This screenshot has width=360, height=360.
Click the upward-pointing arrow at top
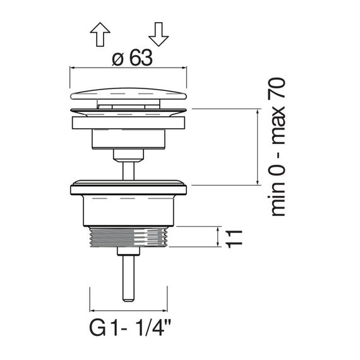coord(100,34)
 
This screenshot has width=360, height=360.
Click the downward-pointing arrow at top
coord(159,34)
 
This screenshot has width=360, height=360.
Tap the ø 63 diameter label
coord(132,57)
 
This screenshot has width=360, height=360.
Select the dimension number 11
coord(234,239)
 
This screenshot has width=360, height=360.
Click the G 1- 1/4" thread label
coord(130,328)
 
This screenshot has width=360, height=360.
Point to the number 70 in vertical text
coord(278,89)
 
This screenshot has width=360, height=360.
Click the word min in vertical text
coord(278,199)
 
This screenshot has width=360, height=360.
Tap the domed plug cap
coord(128,94)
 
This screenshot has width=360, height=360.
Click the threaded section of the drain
coord(128,237)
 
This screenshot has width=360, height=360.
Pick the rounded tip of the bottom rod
coord(128,299)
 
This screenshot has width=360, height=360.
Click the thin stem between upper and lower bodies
coord(128,171)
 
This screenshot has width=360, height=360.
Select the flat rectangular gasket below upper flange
coord(128,123)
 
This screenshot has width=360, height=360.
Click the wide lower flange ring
coord(128,189)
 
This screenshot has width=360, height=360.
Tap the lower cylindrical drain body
coord(128,211)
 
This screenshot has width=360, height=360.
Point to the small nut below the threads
coord(128,251)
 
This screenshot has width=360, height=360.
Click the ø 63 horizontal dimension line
coord(128,68)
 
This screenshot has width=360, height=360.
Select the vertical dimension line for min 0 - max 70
coord(258,147)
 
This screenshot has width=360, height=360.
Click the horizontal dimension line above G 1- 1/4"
coord(128,311)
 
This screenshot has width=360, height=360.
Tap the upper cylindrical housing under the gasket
coord(128,139)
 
